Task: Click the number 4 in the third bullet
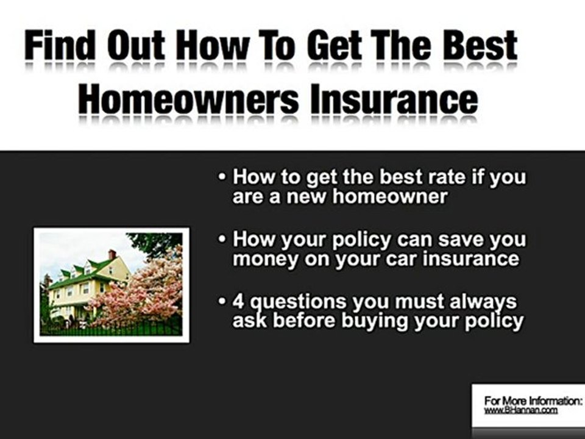[x=239, y=301]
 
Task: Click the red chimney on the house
[x=112, y=254]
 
